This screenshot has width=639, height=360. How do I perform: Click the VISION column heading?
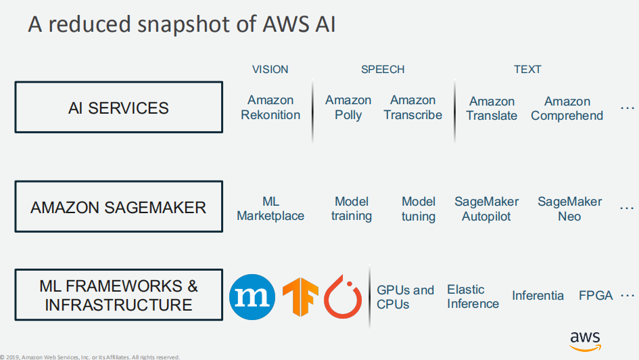pyautogui.click(x=270, y=69)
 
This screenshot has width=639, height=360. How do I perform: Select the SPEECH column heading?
pyautogui.click(x=383, y=69)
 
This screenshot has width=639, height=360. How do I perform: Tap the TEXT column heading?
pyautogui.click(x=527, y=69)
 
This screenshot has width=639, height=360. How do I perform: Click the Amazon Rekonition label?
pyautogui.click(x=270, y=108)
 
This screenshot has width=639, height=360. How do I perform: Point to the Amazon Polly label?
pyautogui.click(x=348, y=108)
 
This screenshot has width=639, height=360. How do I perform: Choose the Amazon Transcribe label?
pyautogui.click(x=413, y=108)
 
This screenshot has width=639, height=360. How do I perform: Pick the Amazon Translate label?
pyautogui.click(x=492, y=108)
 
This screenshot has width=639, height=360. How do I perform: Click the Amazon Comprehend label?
pyautogui.click(x=567, y=108)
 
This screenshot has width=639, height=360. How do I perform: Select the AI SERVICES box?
pyautogui.click(x=118, y=107)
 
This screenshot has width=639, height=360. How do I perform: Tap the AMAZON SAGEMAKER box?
pyautogui.click(x=118, y=206)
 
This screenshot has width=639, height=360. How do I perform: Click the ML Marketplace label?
pyautogui.click(x=270, y=208)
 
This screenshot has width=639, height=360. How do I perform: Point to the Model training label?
pyautogui.click(x=352, y=208)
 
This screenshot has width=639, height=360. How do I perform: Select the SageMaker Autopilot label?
pyautogui.click(x=487, y=208)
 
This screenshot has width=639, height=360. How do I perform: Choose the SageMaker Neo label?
pyautogui.click(x=570, y=208)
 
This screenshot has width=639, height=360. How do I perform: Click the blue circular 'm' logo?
pyautogui.click(x=252, y=297)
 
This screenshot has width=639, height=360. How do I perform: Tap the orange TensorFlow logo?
pyautogui.click(x=300, y=297)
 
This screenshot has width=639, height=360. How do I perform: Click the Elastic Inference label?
pyautogui.click(x=473, y=296)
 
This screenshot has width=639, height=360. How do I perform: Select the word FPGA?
pyautogui.click(x=596, y=296)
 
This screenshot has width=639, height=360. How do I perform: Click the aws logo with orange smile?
pyautogui.click(x=585, y=342)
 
